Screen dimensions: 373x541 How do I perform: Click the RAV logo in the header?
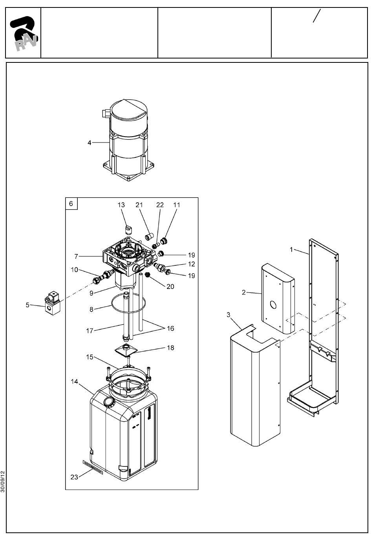pyautogui.click(x=24, y=33)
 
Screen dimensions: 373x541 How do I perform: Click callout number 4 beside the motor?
pyautogui.click(x=90, y=143)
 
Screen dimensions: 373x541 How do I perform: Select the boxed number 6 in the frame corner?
pyautogui.click(x=71, y=204)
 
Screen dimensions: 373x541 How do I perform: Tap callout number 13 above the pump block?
pyautogui.click(x=121, y=205)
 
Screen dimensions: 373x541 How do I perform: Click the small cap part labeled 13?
pyautogui.click(x=128, y=229)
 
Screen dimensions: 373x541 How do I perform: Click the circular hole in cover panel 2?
pyautogui.click(x=273, y=305)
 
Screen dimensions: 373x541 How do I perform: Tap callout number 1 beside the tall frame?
pyautogui.click(x=291, y=249)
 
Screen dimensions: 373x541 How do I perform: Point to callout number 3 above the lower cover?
pyautogui.click(x=228, y=315)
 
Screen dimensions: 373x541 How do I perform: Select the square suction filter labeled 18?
pyautogui.click(x=126, y=351)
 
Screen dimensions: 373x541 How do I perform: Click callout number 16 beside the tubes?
pyautogui.click(x=170, y=328)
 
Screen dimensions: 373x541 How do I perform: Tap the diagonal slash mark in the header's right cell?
pyautogui.click(x=317, y=16)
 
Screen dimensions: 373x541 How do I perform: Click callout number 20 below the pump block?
pyautogui.click(x=170, y=287)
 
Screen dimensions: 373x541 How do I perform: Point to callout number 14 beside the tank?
pyautogui.click(x=75, y=381)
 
